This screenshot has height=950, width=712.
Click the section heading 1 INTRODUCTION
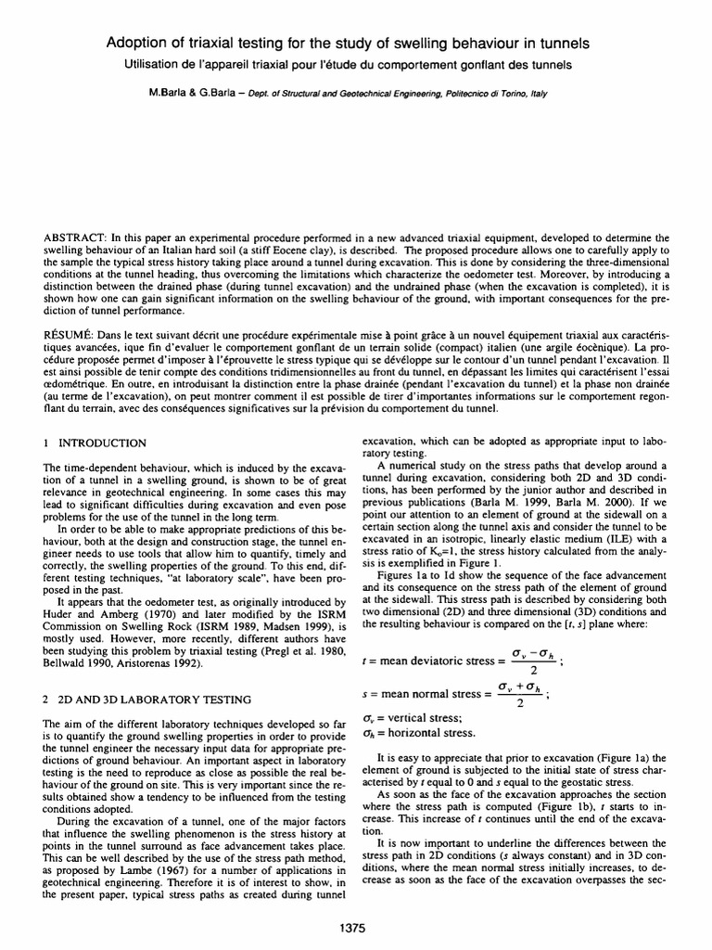pyautogui.click(x=98, y=443)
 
